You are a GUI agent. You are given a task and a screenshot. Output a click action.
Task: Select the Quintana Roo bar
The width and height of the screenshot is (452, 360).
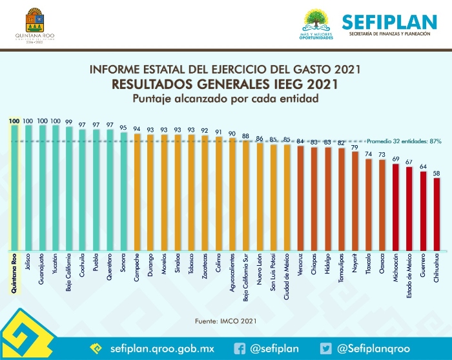14,187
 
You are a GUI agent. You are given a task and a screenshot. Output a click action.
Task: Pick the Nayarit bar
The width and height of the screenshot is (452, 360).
354,201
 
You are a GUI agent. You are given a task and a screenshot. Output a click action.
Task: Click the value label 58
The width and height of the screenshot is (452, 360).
437,172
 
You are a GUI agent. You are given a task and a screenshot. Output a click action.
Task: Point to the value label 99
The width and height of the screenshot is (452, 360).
68,121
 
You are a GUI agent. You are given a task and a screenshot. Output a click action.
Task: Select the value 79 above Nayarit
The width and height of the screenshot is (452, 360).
354,147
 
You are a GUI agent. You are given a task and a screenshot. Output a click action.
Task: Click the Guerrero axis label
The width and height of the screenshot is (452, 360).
423,268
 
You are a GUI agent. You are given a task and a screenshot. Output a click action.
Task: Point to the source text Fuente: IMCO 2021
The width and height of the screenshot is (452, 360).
225,320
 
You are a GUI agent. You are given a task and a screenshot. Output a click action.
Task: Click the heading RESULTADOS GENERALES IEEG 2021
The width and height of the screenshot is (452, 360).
225,85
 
